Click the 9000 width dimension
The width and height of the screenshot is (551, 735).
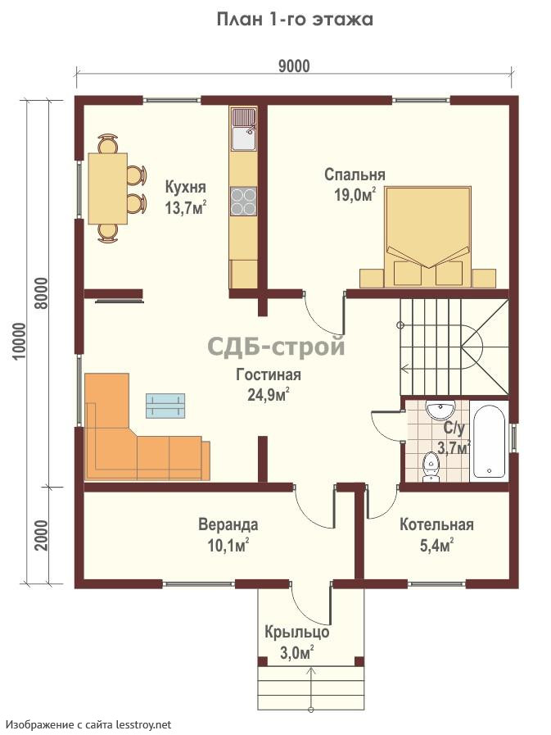click(294, 66)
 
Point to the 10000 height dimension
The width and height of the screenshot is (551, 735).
click(19, 341)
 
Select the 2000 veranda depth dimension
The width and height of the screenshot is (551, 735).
click(42, 535)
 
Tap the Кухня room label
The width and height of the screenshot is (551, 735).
click(186, 187)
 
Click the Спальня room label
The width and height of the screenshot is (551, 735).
click(355, 175)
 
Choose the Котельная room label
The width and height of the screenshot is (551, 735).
click(436, 524)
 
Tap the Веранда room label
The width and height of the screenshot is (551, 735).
click(228, 524)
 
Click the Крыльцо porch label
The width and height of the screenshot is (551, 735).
click(296, 633)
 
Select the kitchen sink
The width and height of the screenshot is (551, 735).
click(244, 129)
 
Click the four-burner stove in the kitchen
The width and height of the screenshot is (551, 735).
click(244, 201)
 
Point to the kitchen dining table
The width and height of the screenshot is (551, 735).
click(108, 188)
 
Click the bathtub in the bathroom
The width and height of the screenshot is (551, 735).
click(489, 441)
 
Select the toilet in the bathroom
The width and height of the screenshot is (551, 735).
click(430, 466)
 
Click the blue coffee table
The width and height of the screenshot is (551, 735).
click(165, 406)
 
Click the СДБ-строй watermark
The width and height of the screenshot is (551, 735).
click(276, 347)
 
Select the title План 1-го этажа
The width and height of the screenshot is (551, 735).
click(295, 20)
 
